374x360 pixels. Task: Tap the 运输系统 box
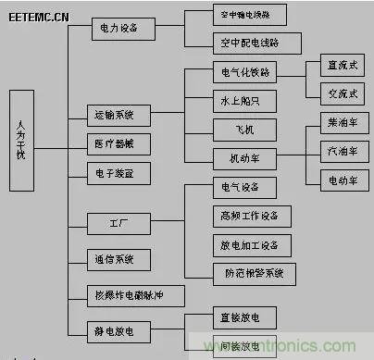pyautogui.click(x=115, y=116)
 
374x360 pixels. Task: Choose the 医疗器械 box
pyautogui.click(x=115, y=143)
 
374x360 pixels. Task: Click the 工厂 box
pyautogui.click(x=115, y=223)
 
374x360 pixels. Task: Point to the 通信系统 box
pyautogui.click(x=115, y=258)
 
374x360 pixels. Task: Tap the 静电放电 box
pyautogui.click(x=115, y=329)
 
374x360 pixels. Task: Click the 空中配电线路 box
pyautogui.click(x=248, y=43)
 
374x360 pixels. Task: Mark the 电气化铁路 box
pyautogui.click(x=243, y=71)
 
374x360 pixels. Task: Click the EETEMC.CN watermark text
pyautogui.click(x=41, y=18)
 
